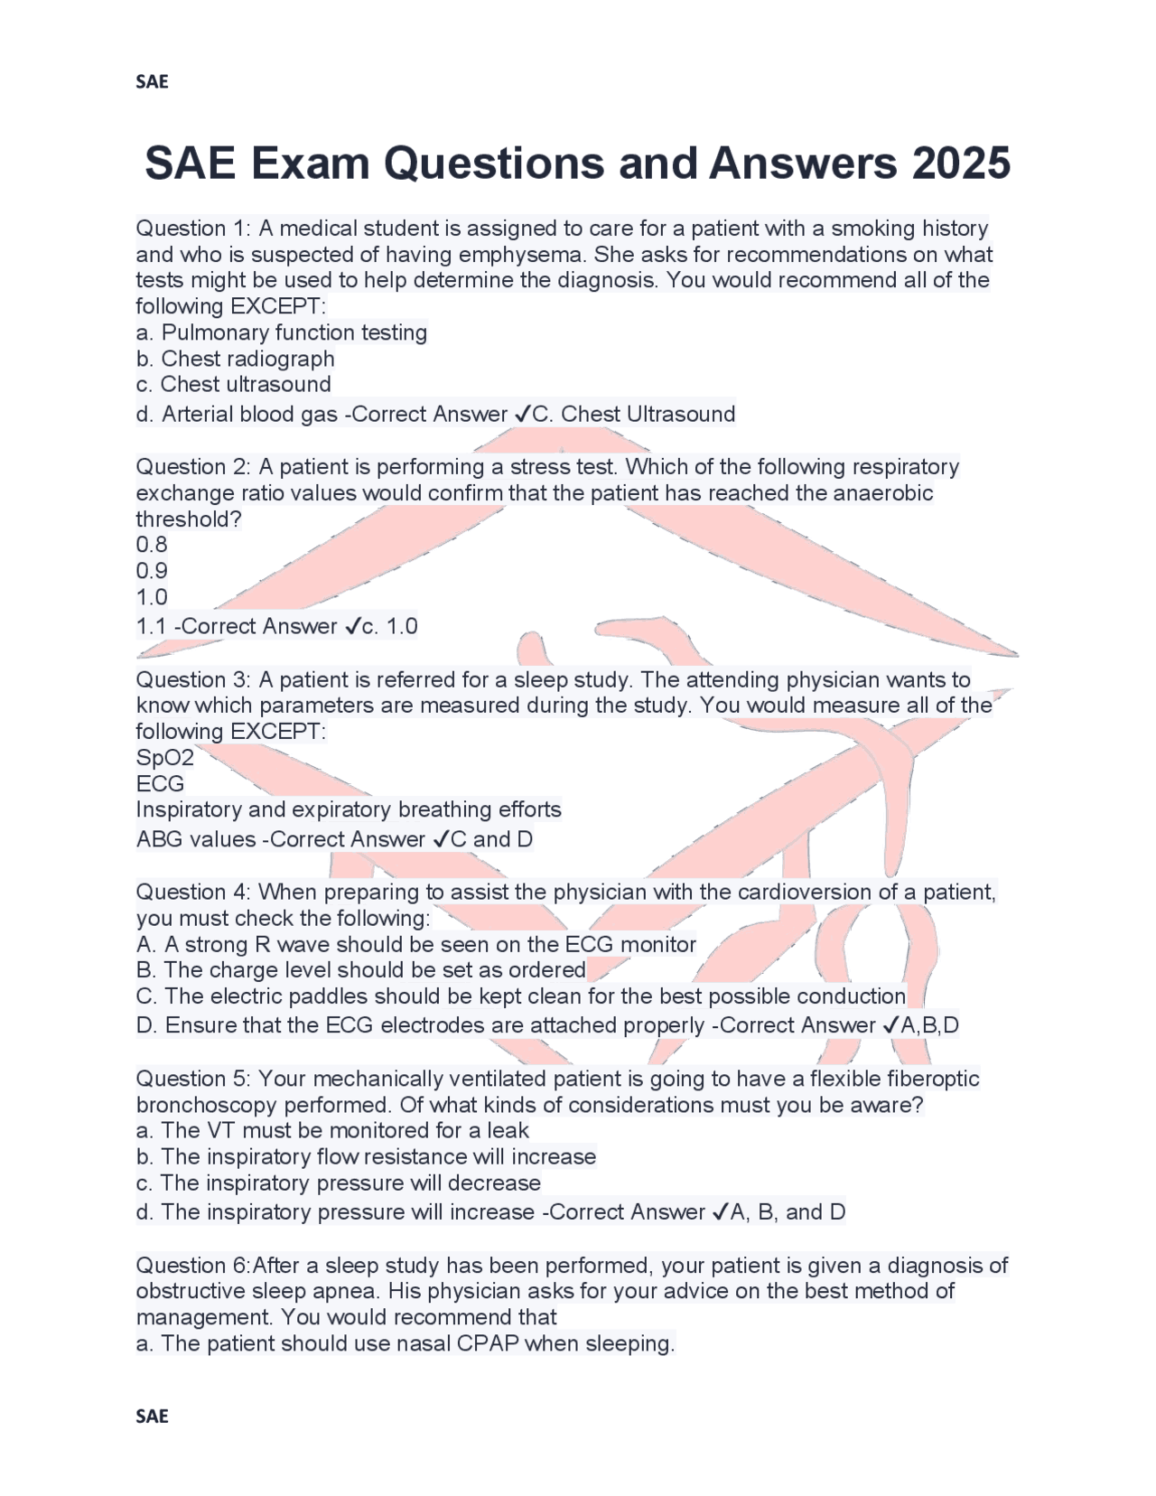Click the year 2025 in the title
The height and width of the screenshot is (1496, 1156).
click(961, 164)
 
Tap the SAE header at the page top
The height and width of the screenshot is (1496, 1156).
click(152, 81)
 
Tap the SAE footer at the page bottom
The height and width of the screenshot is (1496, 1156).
click(152, 1416)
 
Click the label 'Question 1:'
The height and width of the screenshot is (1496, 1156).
click(193, 228)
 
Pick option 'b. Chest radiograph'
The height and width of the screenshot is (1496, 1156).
click(236, 358)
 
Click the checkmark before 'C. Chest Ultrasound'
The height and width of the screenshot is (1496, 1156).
click(523, 414)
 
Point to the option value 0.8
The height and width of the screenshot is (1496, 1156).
click(152, 544)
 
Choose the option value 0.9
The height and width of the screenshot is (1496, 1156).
click(152, 570)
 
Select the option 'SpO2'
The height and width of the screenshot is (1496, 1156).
click(164, 757)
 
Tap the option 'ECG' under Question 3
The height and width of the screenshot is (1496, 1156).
click(160, 783)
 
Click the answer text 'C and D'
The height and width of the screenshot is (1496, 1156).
click(491, 838)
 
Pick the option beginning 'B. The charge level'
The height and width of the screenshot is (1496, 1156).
click(361, 969)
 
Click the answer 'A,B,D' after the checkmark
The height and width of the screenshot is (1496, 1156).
click(930, 1024)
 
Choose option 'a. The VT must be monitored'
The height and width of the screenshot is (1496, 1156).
click(332, 1130)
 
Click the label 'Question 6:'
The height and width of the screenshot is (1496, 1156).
click(193, 1265)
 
